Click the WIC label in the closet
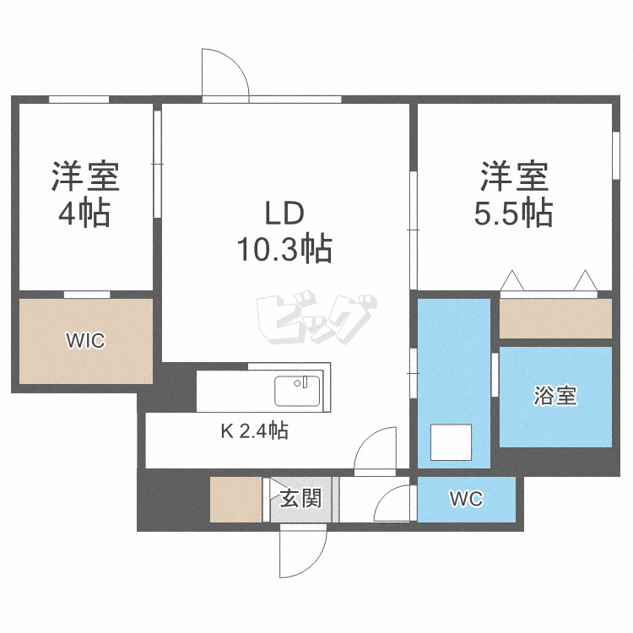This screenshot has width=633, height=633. [x=85, y=340]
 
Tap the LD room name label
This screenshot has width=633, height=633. [x=284, y=214]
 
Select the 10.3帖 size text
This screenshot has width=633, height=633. [x=284, y=249]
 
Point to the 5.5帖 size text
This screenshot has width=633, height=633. [x=513, y=213]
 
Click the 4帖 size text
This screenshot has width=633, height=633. [x=84, y=213]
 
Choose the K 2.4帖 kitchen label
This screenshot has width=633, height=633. [x=255, y=430]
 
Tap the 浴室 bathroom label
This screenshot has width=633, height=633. [x=555, y=395]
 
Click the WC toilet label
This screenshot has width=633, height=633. [x=466, y=499]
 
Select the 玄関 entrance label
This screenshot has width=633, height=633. [x=300, y=499]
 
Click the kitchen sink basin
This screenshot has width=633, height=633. [x=297, y=391]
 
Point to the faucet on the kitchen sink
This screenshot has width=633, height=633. [x=300, y=382]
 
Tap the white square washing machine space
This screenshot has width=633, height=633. [x=451, y=442]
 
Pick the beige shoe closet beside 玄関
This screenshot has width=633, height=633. [x=235, y=500]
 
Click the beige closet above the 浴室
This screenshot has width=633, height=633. [x=555, y=318]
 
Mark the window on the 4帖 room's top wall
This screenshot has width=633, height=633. [x=79, y=100]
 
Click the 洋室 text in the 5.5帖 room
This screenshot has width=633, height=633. [x=514, y=176]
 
